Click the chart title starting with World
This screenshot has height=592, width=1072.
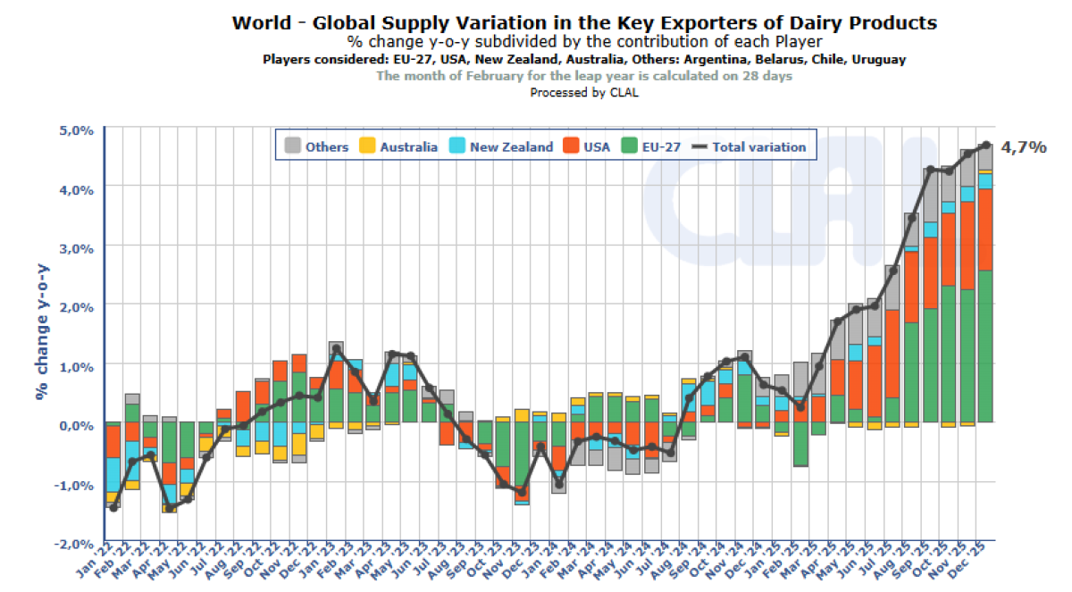[x=584, y=22]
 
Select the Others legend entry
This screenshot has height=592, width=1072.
[x=316, y=146]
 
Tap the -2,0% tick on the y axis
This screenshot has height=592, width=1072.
[x=76, y=543]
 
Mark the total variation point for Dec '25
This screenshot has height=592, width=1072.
[x=985, y=145]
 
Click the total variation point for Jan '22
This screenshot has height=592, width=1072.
[x=113, y=508]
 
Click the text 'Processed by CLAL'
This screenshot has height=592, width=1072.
[x=584, y=91]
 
